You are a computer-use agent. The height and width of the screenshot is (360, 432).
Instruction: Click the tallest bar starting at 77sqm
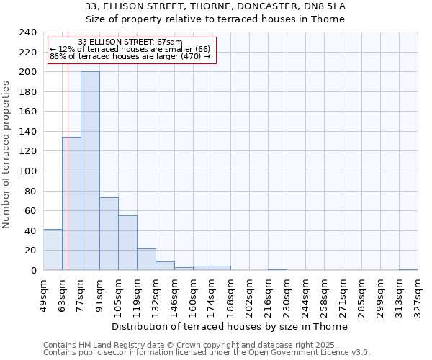point(90,171)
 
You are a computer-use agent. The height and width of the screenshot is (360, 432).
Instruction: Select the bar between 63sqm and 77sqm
point(71,204)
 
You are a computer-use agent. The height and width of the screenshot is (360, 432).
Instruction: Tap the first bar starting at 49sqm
point(53,250)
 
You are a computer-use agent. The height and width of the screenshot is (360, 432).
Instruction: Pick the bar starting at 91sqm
point(109,234)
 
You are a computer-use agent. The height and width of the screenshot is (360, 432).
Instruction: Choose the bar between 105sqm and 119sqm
point(127,243)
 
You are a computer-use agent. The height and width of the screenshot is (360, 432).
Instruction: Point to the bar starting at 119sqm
point(146,259)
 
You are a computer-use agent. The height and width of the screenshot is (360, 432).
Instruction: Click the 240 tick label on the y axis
point(27,32)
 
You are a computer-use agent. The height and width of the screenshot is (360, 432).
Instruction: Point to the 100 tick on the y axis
point(27,171)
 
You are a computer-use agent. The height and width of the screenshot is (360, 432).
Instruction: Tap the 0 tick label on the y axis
point(33,271)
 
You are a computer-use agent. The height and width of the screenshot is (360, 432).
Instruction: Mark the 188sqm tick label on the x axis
point(230,295)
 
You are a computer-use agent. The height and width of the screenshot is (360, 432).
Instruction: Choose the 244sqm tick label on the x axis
point(305,295)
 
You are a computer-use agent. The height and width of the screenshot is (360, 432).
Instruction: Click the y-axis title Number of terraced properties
point(7,154)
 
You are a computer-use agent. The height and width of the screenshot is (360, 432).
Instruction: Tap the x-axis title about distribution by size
point(230,326)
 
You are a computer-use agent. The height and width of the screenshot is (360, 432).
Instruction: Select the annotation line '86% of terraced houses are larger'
point(130,56)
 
